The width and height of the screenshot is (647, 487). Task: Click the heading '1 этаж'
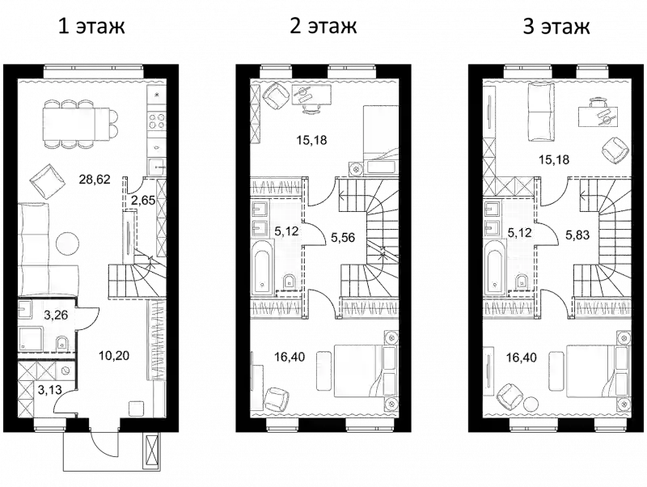(x=91, y=26)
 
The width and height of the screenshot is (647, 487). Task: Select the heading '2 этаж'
(x=323, y=26)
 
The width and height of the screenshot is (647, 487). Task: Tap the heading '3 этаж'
(x=556, y=26)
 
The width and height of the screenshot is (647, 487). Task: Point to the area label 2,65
(x=143, y=201)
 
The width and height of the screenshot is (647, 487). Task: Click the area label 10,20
(x=114, y=355)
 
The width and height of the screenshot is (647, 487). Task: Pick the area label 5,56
(x=343, y=237)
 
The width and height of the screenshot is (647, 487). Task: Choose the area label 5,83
(x=577, y=235)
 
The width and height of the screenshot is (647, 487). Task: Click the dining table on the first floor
(x=75, y=123)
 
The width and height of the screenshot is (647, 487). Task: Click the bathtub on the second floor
(x=262, y=268)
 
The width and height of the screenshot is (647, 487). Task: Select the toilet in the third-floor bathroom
(x=522, y=282)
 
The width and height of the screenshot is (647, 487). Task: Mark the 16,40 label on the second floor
(x=290, y=356)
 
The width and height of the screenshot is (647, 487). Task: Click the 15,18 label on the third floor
(x=554, y=159)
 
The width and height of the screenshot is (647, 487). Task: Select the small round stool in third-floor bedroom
(x=531, y=403)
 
